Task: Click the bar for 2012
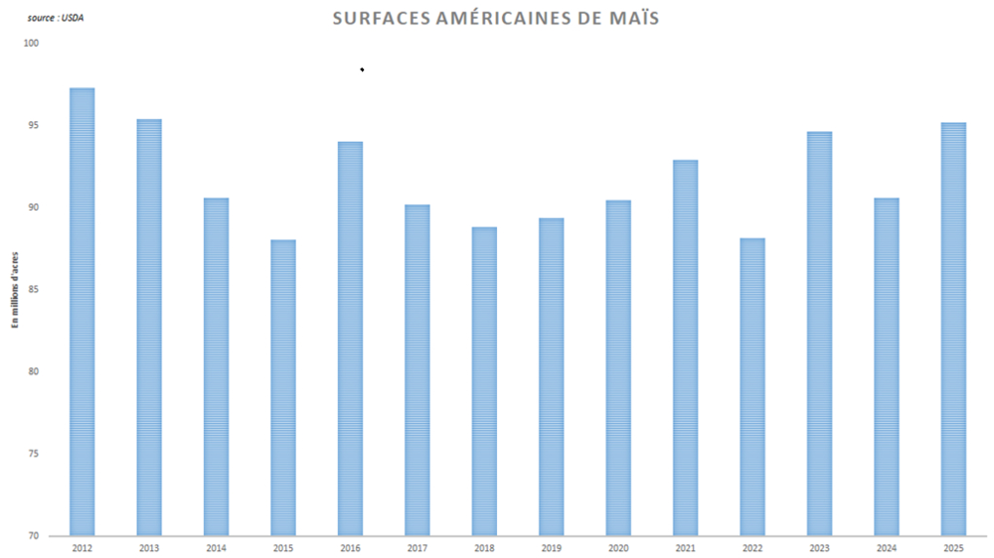[x=82, y=312]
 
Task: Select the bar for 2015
[x=282, y=387]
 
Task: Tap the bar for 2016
[x=350, y=339]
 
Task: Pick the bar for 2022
[x=752, y=386]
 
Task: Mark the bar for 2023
[x=819, y=334]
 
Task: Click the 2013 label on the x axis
[x=149, y=547]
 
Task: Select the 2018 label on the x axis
[x=484, y=547]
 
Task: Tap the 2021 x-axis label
[x=685, y=547]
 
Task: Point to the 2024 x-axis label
[x=887, y=547]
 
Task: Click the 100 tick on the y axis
[x=32, y=43]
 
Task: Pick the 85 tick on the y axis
[x=33, y=290]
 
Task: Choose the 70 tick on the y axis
[x=33, y=536]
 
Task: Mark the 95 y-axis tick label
[x=33, y=125]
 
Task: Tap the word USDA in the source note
[x=73, y=18]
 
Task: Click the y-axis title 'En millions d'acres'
[x=15, y=289]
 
